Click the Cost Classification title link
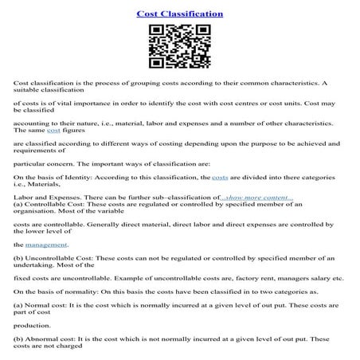coord(179,14)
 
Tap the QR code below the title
coord(180,47)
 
